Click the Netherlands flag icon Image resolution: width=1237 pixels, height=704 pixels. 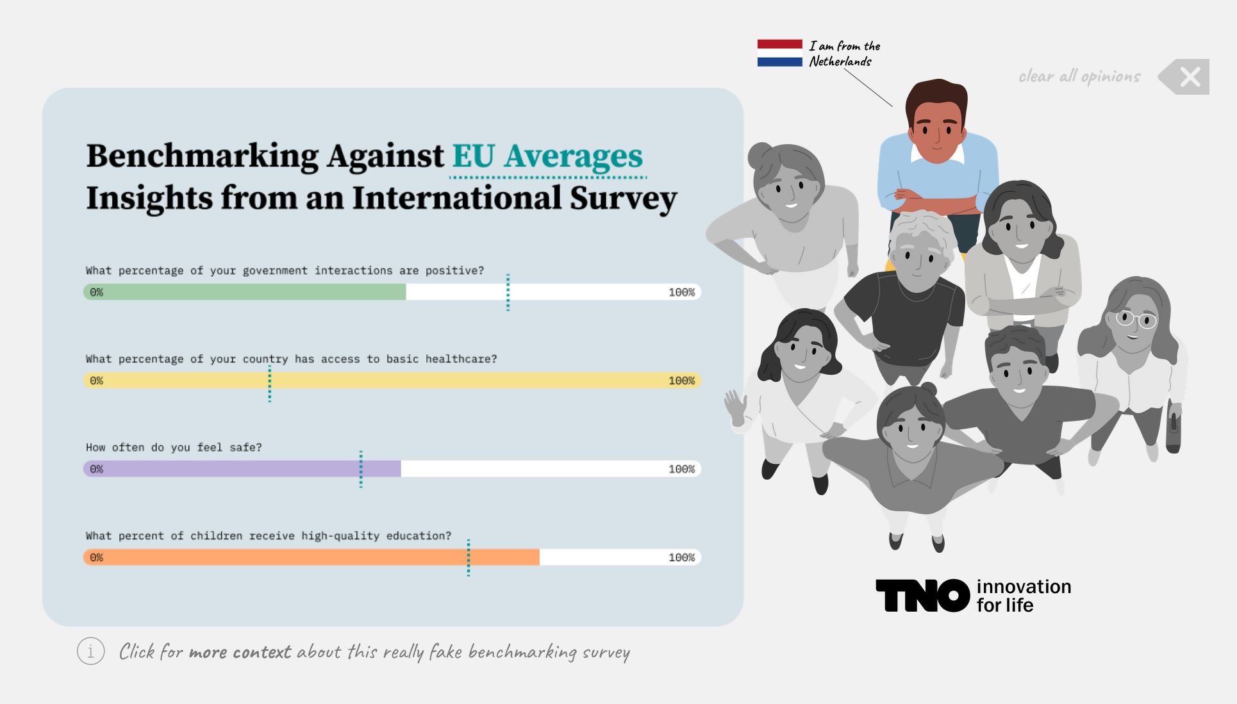pyautogui.click(x=779, y=53)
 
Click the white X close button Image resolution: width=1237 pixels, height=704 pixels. pyautogui.click(x=1190, y=77)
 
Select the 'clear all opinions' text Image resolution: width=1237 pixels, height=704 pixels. pyautogui.click(x=1079, y=77)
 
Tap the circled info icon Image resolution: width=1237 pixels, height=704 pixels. pyautogui.click(x=91, y=651)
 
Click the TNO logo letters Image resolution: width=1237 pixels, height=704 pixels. pyautogui.click(x=923, y=596)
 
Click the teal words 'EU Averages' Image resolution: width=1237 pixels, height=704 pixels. pyautogui.click(x=547, y=156)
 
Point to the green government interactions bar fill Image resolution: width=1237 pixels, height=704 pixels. pyautogui.click(x=244, y=292)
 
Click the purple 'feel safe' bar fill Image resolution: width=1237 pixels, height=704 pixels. pyautogui.click(x=242, y=469)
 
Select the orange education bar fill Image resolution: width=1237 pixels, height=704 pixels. pyautogui.click(x=311, y=557)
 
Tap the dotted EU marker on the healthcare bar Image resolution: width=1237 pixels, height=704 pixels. pyautogui.click(x=270, y=383)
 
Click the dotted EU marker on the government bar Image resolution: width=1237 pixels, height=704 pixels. pyautogui.click(x=508, y=293)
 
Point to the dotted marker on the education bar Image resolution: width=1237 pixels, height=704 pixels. pyautogui.click(x=469, y=558)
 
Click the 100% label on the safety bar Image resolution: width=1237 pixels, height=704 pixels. pyautogui.click(x=681, y=469)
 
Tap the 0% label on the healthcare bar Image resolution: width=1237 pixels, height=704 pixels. pyautogui.click(x=96, y=381)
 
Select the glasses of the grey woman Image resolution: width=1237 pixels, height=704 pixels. pyautogui.click(x=1136, y=318)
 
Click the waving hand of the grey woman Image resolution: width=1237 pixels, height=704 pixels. pyautogui.click(x=736, y=407)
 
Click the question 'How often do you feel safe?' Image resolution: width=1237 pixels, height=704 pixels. pyautogui.click(x=174, y=447)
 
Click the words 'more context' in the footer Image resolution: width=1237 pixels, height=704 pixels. pyautogui.click(x=240, y=652)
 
